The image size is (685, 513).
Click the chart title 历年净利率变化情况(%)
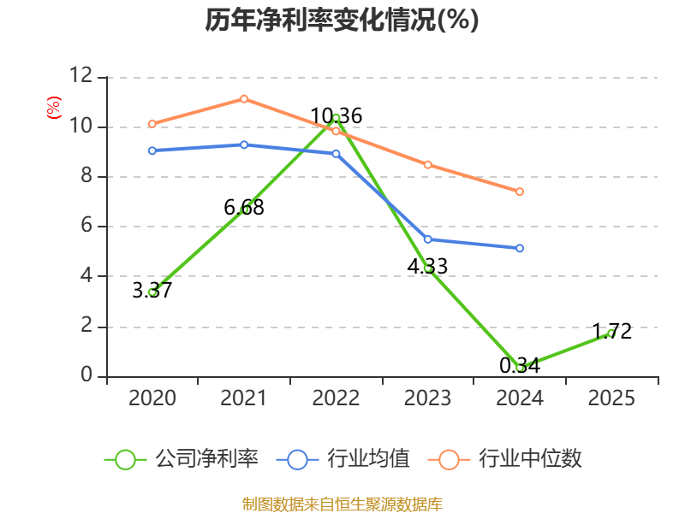[342, 21]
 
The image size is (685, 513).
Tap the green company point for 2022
[336, 118]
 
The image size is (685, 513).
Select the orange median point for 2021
[244, 99]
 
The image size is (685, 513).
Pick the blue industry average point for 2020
[152, 150]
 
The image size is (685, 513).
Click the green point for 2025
[611, 333]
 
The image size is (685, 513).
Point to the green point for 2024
[520, 368]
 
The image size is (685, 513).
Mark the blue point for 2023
[428, 239]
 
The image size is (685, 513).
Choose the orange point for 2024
[520, 192]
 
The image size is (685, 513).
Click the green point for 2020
[152, 292]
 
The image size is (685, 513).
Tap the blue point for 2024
[520, 248]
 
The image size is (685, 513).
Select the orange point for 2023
[428, 164]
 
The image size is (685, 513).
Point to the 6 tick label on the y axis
[86, 227]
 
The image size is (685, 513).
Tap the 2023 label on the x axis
[428, 398]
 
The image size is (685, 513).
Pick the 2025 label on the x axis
[611, 398]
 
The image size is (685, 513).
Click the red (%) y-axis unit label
[53, 109]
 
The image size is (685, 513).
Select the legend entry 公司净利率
[182, 459]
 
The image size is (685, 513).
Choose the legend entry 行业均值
[343, 459]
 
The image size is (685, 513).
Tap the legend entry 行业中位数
[510, 459]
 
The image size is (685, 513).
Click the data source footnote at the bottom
[342, 504]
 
